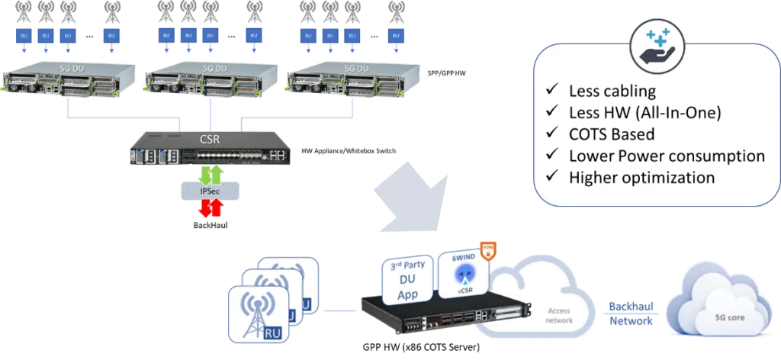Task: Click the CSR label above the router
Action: click(207, 140)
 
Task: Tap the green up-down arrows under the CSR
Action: click(207, 172)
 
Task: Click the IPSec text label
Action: click(207, 191)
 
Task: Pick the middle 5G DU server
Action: click(211, 80)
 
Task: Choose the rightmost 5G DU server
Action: click(352, 80)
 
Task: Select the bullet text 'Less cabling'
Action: click(612, 92)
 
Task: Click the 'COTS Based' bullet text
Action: click(611, 134)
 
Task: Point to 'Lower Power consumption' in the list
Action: click(667, 156)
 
